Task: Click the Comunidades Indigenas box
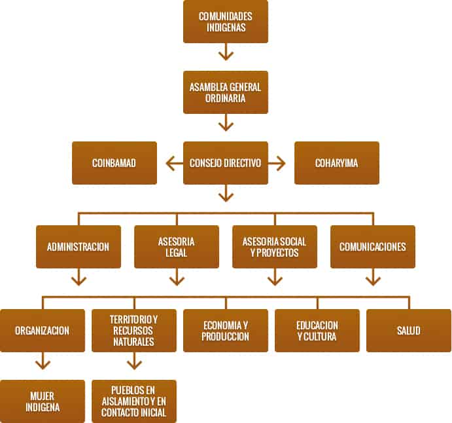pos(226,22)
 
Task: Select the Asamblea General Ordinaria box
pos(226,92)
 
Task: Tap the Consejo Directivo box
pos(226,163)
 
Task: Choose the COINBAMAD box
pos(114,163)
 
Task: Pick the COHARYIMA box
pos(337,163)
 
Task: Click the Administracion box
pos(78,247)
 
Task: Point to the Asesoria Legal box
pos(177,247)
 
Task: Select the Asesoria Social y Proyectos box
pos(275,247)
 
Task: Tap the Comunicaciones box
pos(373,247)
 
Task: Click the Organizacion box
pos(43,331)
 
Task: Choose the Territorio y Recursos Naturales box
pos(134,331)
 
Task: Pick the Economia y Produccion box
pos(226,331)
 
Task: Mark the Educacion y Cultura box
pos(317,331)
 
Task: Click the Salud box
pos(409,331)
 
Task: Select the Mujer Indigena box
pos(43,401)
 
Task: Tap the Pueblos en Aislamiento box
pos(134,401)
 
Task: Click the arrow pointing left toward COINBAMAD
pos(173,163)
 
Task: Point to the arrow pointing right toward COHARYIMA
pos(278,163)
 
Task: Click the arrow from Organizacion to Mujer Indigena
pos(43,361)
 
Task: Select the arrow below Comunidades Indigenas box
pos(226,52)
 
